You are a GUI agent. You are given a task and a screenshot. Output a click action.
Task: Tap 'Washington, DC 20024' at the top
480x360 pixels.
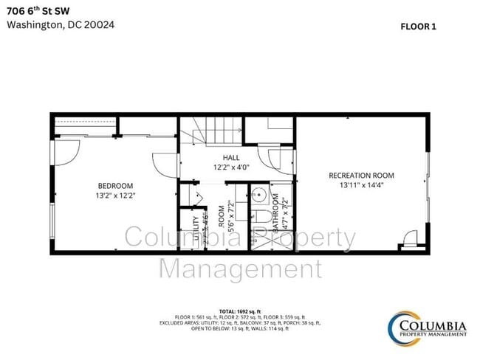61,24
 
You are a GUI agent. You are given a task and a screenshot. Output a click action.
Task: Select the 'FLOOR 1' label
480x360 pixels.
418,26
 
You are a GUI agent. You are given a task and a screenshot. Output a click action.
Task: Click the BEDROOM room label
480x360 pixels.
115,185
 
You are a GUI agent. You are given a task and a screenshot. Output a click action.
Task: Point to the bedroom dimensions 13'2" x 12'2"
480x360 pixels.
115,195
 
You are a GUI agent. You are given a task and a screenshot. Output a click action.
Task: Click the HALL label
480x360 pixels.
231,158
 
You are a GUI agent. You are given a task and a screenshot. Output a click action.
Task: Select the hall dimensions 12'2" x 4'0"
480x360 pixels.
231,167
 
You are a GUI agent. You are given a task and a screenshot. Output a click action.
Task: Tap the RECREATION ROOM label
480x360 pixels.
361,175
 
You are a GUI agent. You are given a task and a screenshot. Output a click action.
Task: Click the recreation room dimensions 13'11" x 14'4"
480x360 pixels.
361,185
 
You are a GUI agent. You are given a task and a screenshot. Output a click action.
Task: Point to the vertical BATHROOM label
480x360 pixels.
275,214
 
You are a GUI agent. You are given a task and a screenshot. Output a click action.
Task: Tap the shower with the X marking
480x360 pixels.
259,240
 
